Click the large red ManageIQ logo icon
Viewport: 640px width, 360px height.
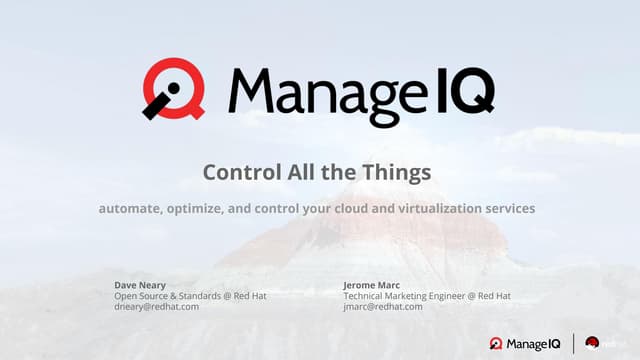(x=172, y=89)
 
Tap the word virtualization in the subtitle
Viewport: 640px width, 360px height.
(x=444, y=209)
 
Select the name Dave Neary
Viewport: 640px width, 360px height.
(x=141, y=285)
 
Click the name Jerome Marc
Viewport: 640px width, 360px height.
(x=373, y=285)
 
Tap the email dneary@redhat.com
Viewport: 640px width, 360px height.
(x=157, y=307)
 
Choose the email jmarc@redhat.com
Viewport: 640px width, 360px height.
(x=383, y=307)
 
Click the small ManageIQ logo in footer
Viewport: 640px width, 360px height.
(x=526, y=343)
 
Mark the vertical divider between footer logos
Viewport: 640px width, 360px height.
(x=572, y=343)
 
